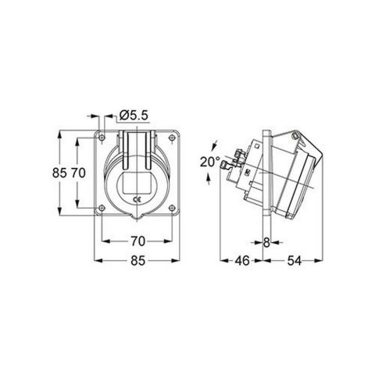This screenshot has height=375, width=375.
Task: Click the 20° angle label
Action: pyautogui.click(x=209, y=162)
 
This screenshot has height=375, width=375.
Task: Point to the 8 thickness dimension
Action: pyautogui.click(x=266, y=242)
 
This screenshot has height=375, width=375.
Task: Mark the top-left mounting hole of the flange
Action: pyautogui.click(x=102, y=140)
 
